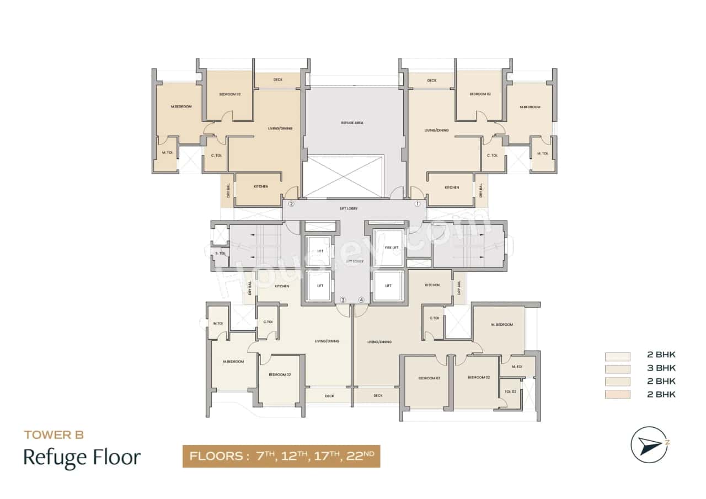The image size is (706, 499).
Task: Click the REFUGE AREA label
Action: click(352, 123)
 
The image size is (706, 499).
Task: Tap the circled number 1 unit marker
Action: click(418, 203)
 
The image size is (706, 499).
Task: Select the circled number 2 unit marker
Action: click(291, 203)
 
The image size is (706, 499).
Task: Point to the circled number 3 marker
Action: click(343, 300)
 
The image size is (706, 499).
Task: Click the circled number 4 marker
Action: click(362, 300)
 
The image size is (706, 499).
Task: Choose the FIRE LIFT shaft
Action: click(388, 248)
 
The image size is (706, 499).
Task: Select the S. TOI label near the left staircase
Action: click(221, 254)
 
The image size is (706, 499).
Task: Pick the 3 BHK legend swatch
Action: click(617, 368)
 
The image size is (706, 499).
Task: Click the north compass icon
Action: click(650, 444)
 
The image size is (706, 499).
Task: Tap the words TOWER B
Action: click(54, 435)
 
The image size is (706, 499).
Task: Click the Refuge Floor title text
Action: click(82, 458)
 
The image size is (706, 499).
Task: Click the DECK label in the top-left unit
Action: click(278, 80)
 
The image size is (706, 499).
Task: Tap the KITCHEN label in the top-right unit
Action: click(452, 187)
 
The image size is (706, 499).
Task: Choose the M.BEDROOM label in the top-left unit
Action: click(182, 106)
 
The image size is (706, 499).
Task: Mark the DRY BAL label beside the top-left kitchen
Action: click(227, 191)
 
